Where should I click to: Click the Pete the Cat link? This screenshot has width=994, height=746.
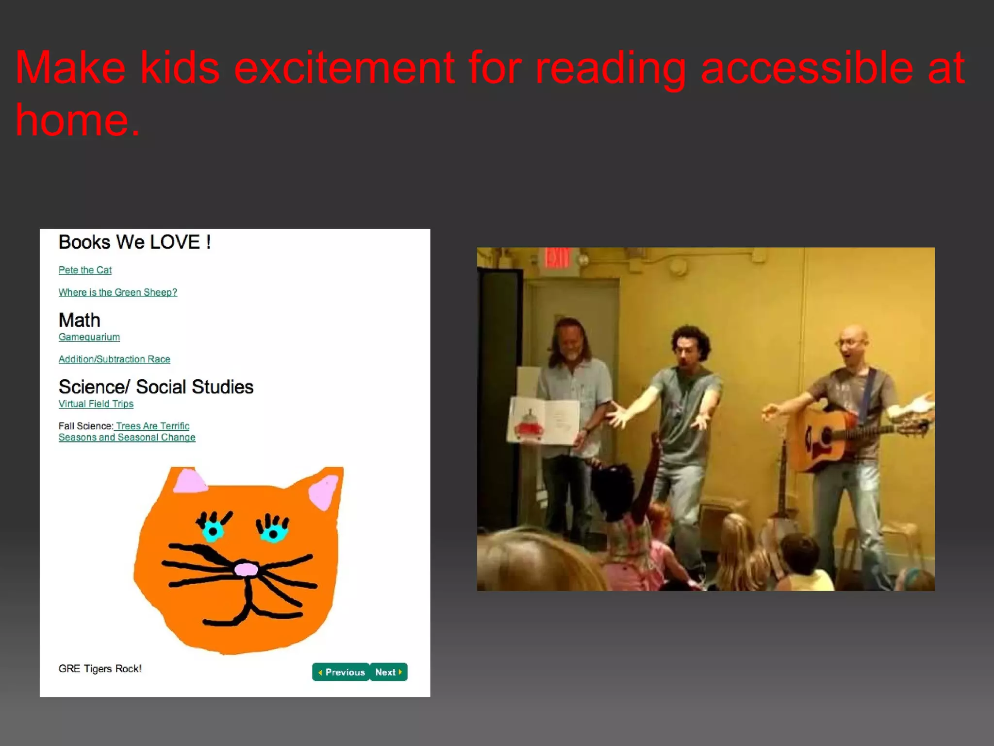[x=85, y=270]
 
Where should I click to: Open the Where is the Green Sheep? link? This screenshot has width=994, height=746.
[x=117, y=292]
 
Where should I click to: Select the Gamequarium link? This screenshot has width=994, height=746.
[x=89, y=337]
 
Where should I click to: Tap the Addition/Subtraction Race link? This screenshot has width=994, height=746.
[x=114, y=359]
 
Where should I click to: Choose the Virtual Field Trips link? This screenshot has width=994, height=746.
[x=96, y=404]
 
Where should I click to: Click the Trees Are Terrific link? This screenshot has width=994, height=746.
[x=152, y=426]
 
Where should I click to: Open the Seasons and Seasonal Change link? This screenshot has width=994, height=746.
[x=127, y=438]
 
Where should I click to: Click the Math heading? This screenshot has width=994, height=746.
[x=79, y=321]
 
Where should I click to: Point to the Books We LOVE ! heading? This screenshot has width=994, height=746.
[x=134, y=242]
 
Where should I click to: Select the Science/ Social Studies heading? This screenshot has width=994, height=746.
[x=156, y=387]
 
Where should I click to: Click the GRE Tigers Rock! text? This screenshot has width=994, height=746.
[x=100, y=669]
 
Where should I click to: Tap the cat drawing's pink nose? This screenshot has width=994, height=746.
[x=246, y=569]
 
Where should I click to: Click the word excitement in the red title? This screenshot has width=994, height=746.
[x=344, y=68]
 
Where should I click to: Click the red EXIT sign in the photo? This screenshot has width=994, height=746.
[x=557, y=258]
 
